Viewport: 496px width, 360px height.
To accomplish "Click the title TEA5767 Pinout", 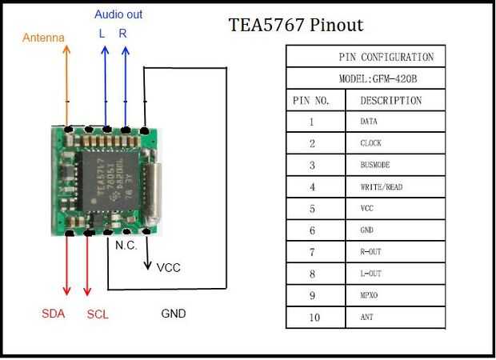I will pos(295,25).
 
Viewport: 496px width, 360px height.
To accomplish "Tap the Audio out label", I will pos(118,14).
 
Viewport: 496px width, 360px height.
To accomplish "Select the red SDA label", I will pos(54,314).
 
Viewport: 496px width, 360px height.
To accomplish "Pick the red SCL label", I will pos(98,314).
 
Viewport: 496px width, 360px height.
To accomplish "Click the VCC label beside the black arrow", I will pos(168,267).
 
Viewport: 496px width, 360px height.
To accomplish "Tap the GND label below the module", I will pos(174,314).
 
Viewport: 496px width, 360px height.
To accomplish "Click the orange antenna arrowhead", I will pos(66,49).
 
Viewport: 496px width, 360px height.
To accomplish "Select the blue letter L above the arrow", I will pos(102,34).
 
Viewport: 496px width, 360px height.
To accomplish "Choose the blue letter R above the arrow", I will pos(122,34).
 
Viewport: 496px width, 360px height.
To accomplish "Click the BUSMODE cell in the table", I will pos(376,166).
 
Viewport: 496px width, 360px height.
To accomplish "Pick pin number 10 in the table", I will pos(314,317).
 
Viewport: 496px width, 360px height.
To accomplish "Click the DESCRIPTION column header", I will pos(390,101).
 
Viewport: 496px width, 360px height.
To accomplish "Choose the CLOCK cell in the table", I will pos(371,144).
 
